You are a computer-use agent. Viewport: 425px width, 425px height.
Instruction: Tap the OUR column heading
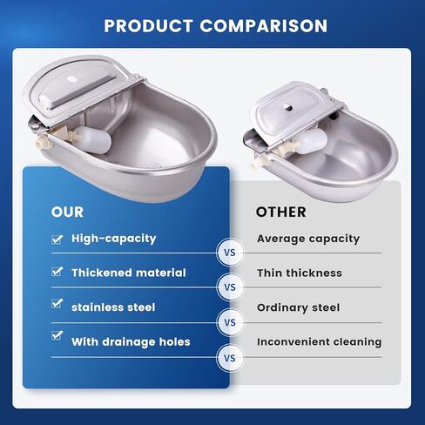68,212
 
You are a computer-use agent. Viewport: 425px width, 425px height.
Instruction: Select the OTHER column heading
280,212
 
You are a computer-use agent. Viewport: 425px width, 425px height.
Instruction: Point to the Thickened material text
128,273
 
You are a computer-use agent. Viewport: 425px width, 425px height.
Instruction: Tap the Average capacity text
307,238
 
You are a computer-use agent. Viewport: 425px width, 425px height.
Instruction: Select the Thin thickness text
299,273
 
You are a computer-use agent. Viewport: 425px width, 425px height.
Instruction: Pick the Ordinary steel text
298,307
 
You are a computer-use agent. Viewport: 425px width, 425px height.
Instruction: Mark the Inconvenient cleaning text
319,341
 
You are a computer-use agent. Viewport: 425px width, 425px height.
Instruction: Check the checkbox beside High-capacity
57,237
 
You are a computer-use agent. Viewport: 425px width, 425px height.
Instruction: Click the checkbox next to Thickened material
57,272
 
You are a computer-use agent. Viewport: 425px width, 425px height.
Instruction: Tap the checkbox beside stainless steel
57,304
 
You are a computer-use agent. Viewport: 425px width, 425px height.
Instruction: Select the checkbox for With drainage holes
57,334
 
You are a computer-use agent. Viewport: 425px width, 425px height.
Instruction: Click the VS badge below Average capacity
231,253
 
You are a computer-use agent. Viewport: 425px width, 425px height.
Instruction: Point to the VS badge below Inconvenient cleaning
231,357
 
